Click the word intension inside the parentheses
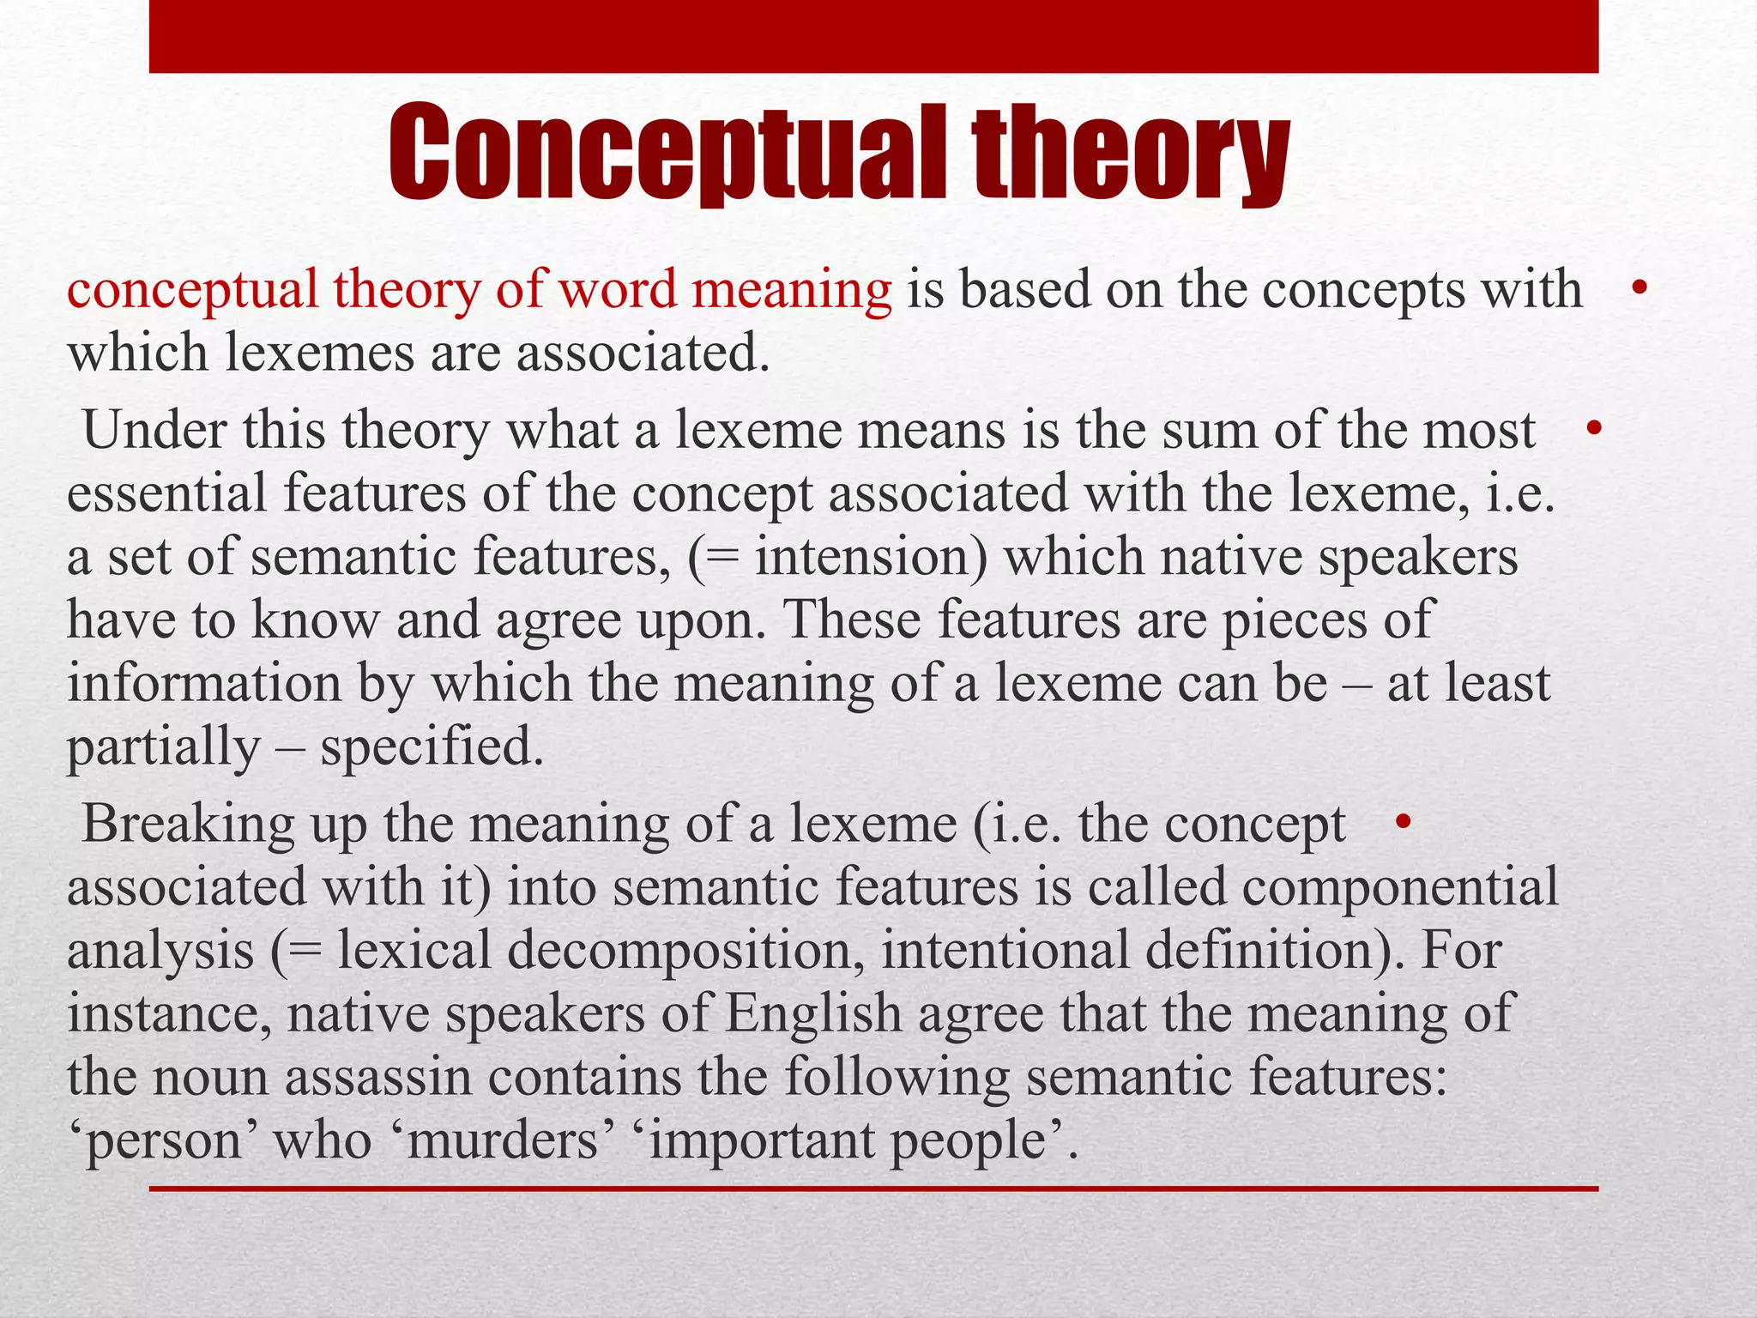(x=871, y=557)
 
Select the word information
(x=204, y=683)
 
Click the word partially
(x=163, y=747)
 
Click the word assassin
(x=378, y=1077)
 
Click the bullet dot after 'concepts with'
(x=1639, y=289)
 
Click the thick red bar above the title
(x=873, y=36)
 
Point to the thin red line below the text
(x=873, y=1188)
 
